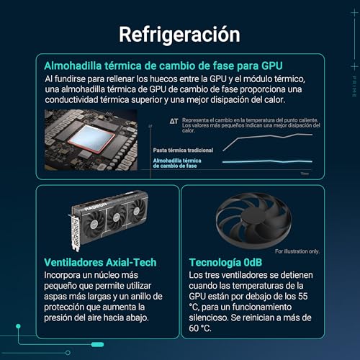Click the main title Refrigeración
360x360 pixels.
point(179,34)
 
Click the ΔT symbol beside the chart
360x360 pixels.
point(174,122)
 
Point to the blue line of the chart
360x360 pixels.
point(266,162)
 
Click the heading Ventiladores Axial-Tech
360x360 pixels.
point(100,262)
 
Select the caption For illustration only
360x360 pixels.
point(297,251)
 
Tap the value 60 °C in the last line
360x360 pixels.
point(201,329)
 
